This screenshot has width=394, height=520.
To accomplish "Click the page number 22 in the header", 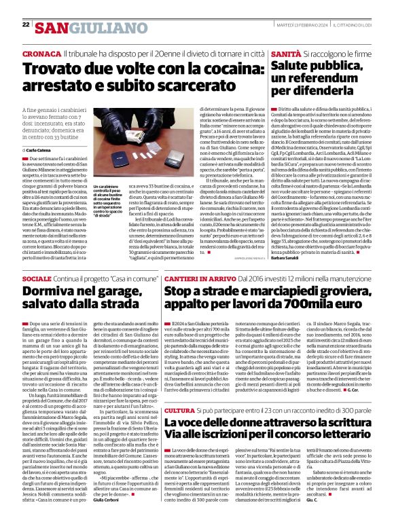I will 26,24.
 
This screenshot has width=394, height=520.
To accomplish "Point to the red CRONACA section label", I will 41,52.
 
